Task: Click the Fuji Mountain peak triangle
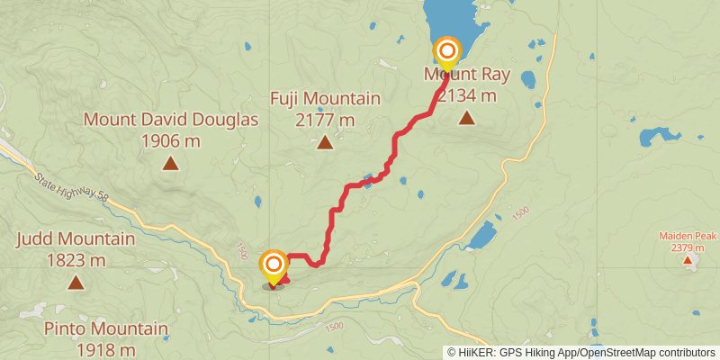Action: click(x=325, y=141)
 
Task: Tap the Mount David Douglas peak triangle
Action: click(x=170, y=163)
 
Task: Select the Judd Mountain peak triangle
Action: click(x=76, y=283)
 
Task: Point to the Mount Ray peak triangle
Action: click(x=466, y=117)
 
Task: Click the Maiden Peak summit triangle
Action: click(x=688, y=261)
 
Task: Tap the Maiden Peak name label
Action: click(x=688, y=236)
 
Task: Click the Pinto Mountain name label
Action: click(x=106, y=329)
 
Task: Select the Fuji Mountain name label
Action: click(x=325, y=98)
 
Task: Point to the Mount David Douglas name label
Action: click(x=171, y=120)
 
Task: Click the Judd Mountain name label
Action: click(x=76, y=239)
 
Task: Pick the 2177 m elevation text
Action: click(x=325, y=119)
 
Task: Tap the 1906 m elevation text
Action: click(x=171, y=140)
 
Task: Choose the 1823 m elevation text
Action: click(x=76, y=261)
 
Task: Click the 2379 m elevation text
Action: click(x=688, y=247)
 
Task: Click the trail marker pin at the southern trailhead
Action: click(x=274, y=265)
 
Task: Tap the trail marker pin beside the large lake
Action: click(x=446, y=52)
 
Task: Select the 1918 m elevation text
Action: click(x=106, y=350)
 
